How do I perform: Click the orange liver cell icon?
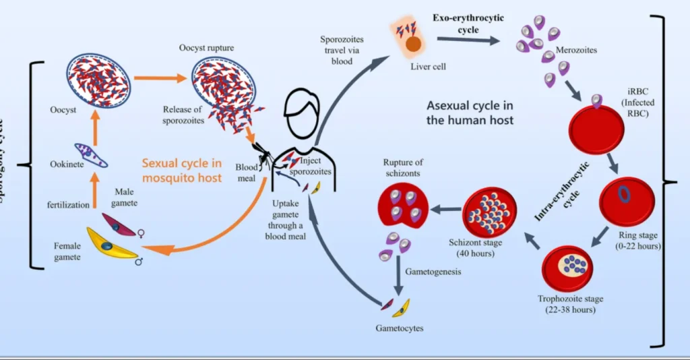[x=413, y=42]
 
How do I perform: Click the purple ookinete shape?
[x=91, y=155]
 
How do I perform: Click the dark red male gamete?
[x=120, y=224]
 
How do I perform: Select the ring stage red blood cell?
[x=624, y=196]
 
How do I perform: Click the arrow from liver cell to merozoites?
[x=468, y=39]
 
